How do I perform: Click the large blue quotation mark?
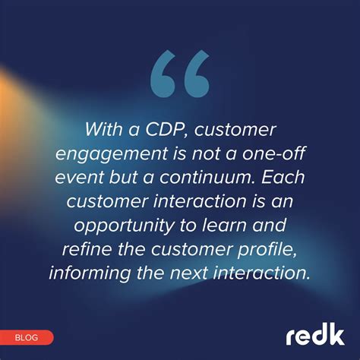coord(179,75)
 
